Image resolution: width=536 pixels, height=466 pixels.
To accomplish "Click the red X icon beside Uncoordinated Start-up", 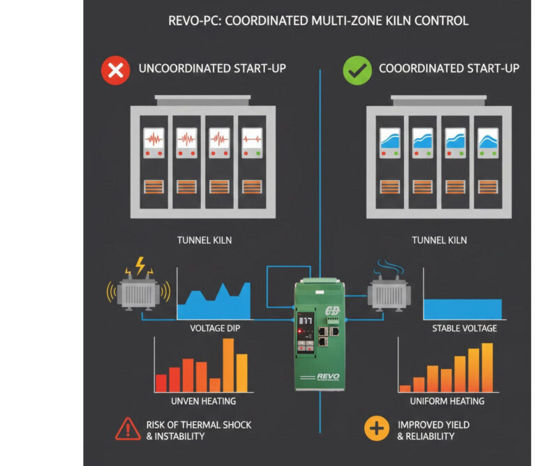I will click(x=115, y=70).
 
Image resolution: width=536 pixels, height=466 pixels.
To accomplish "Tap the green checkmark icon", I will click(x=357, y=70).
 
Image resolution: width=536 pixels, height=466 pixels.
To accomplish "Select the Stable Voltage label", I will click(x=464, y=328).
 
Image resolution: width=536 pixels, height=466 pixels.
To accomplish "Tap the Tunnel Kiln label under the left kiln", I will click(x=204, y=241).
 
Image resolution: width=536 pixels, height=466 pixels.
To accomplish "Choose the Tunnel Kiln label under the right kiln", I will click(x=440, y=241).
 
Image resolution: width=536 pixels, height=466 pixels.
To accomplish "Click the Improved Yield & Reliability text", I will click(x=433, y=430).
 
